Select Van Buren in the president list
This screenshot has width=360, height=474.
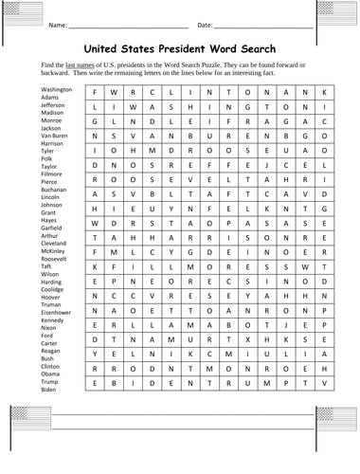[x=54, y=136]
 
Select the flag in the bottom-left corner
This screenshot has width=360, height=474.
[x=23, y=415]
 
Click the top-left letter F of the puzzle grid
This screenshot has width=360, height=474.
[x=95, y=92]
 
